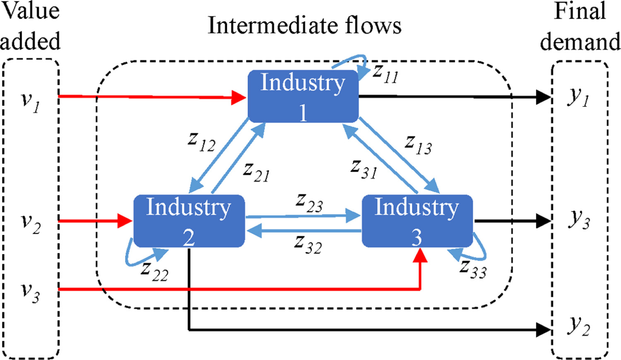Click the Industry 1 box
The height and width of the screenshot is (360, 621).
coord(303,96)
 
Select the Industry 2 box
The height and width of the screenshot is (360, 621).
coord(189,221)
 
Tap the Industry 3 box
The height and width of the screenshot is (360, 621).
coord(417,221)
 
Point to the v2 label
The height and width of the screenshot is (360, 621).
coord(31,224)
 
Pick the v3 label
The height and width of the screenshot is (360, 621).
coord(31,293)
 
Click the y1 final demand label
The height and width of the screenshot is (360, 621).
coord(578,99)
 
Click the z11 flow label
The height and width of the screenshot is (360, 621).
coord(385,73)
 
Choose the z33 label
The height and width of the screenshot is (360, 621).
coord(473,269)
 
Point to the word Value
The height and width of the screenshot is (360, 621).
coord(31,11)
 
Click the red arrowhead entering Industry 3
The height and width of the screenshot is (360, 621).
coord(420,255)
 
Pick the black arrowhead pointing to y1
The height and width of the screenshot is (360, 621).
coord(543,97)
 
